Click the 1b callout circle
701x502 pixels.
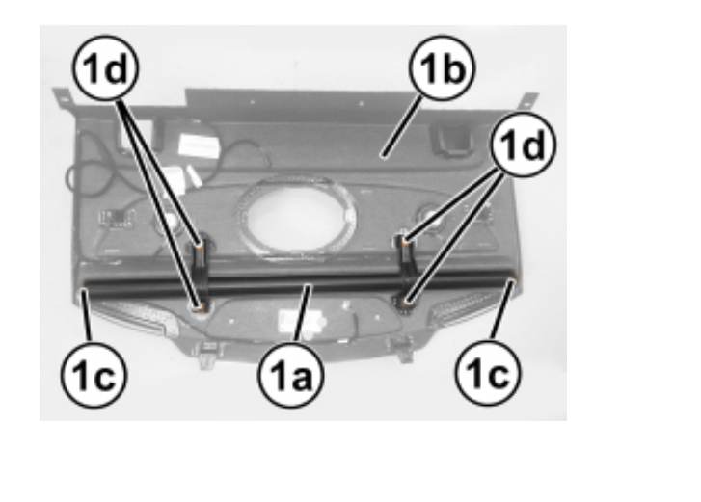[x=443, y=68]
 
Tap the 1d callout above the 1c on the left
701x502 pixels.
[x=105, y=67]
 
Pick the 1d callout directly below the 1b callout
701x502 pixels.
[x=523, y=145]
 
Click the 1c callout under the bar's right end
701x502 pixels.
[x=488, y=373]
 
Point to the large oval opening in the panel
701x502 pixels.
[x=296, y=215]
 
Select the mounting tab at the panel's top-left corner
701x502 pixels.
[x=62, y=97]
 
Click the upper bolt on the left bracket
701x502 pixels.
[x=200, y=244]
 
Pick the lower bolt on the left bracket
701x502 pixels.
[x=200, y=306]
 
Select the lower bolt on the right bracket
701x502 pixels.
[x=405, y=303]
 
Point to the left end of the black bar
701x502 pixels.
[x=83, y=292]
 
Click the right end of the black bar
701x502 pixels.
[x=512, y=281]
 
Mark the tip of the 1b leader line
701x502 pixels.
[x=382, y=157]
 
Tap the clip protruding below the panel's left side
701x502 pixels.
[x=204, y=354]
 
